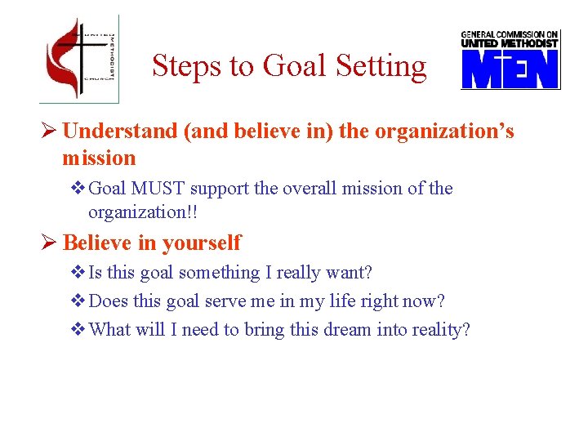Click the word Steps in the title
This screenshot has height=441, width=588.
(x=180, y=66)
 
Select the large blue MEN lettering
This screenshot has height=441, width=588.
(x=510, y=69)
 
